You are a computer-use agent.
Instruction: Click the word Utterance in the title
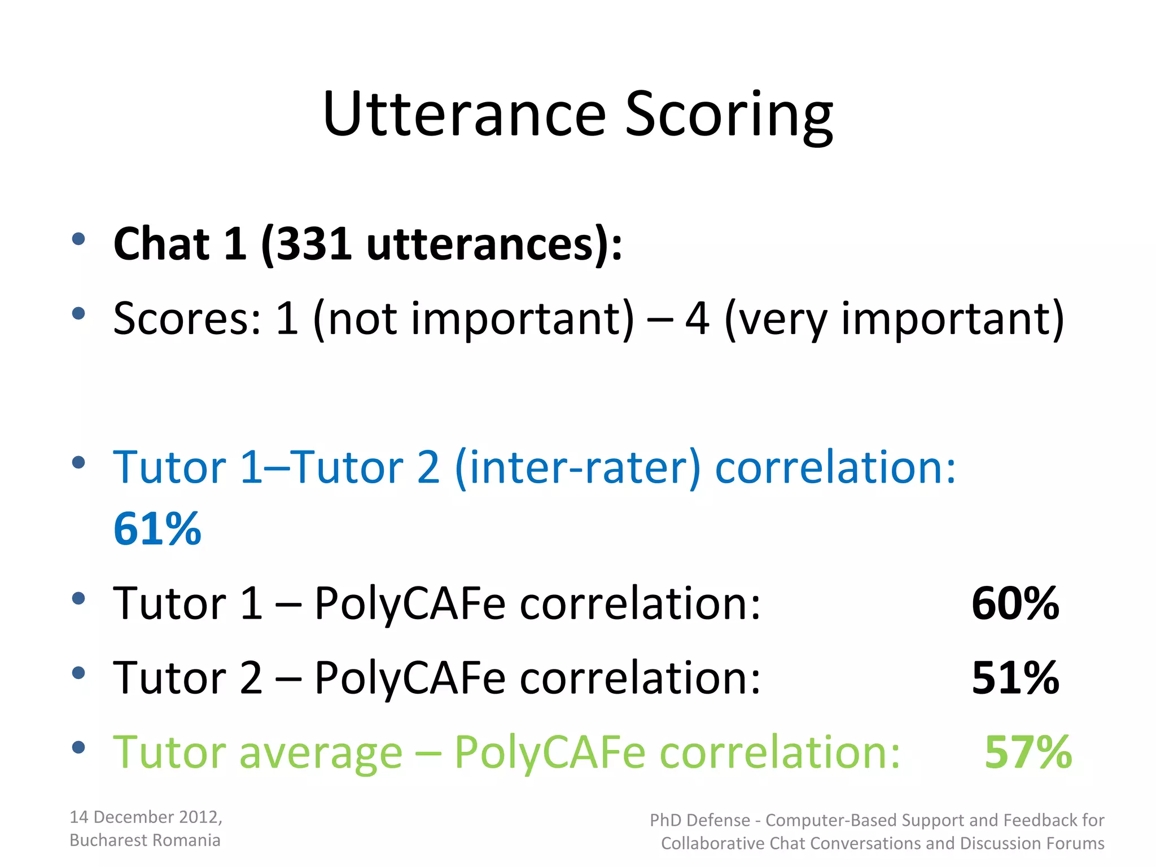coord(464,114)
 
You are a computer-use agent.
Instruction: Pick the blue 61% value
coord(157,529)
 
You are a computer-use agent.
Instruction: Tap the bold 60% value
coord(1015,603)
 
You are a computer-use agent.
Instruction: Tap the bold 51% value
coord(1015,677)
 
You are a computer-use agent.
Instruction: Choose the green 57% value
coord(1028,752)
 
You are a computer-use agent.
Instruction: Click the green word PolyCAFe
coord(549,753)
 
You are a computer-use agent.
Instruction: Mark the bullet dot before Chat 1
coord(78,239)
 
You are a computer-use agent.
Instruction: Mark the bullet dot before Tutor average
coord(78,748)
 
